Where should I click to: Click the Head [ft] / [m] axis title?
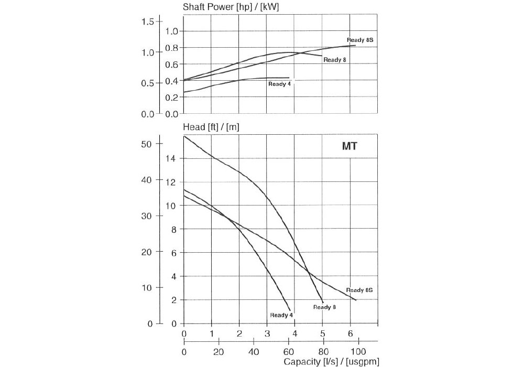click(211, 126)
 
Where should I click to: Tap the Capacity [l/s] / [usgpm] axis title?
click(331, 361)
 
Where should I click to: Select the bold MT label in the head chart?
click(350, 146)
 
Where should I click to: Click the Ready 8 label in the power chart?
click(335, 60)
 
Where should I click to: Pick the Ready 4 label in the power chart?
click(279, 84)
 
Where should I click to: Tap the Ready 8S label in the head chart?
click(359, 290)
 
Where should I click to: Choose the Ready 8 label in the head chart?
click(324, 307)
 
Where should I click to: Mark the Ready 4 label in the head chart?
click(281, 315)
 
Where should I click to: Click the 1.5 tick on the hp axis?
click(148, 21)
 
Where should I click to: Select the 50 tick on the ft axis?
click(147, 144)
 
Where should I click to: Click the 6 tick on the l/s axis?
click(350, 334)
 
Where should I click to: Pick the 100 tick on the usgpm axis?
click(358, 351)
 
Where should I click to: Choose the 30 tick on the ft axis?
click(147, 216)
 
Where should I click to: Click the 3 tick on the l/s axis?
click(267, 334)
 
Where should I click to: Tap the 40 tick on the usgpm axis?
click(254, 351)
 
